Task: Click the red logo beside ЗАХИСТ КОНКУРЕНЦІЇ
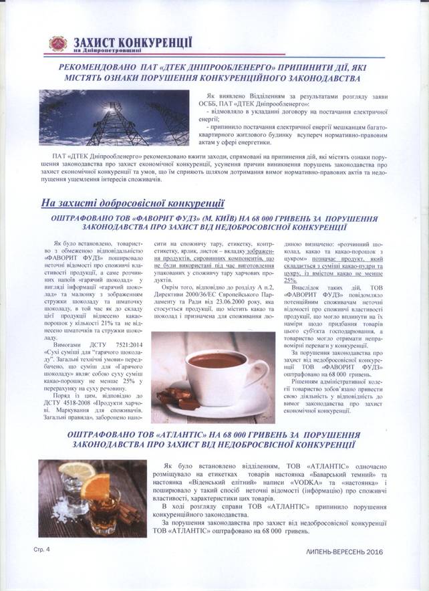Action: point(58,43)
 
